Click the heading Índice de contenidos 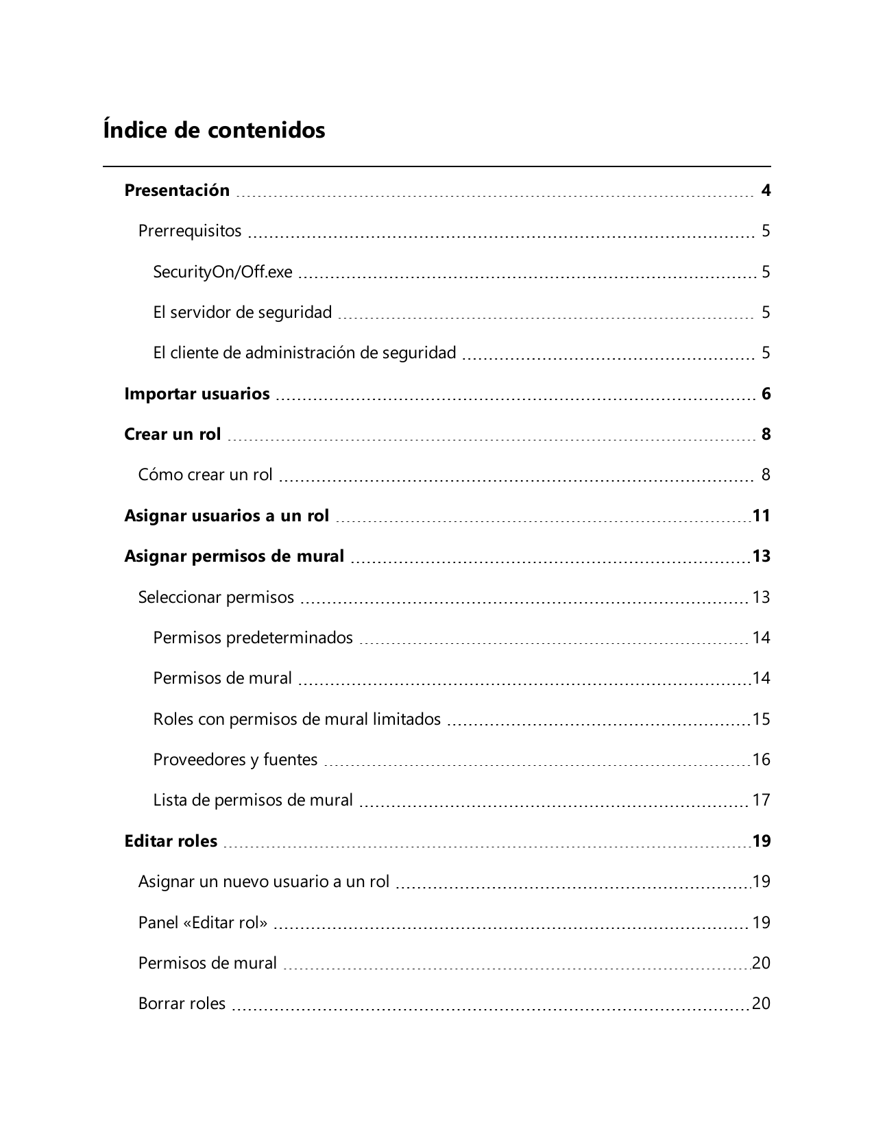[214, 130]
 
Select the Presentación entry [177, 190]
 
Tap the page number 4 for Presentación [766, 190]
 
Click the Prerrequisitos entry [190, 231]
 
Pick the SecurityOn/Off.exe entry [223, 272]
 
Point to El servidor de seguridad [242, 312]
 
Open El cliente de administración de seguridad [304, 353]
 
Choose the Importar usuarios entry [197, 394]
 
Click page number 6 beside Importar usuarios [766, 394]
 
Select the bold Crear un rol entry [173, 434]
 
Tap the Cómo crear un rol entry [206, 475]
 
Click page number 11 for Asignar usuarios [761, 516]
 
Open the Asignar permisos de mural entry [234, 556]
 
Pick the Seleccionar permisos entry [216, 597]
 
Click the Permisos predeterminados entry [253, 638]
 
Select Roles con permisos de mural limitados [297, 719]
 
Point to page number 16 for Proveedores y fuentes [761, 760]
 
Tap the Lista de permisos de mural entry [253, 800]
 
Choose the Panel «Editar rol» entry [203, 923]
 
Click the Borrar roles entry [182, 1004]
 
